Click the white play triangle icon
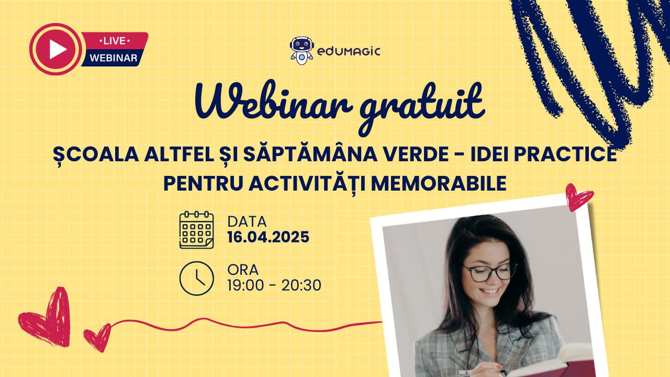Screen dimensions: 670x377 tap(58, 49)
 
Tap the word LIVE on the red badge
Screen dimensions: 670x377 tap(114, 41)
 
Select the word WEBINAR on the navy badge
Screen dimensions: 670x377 tap(114, 58)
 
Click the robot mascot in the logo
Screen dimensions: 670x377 tap(301, 51)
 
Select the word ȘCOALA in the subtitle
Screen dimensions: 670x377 tap(96, 154)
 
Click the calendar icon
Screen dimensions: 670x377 tap(196, 230)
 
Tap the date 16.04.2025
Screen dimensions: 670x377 tap(269, 237)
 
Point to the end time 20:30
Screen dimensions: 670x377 tap(301, 285)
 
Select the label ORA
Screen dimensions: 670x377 tap(243, 270)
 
